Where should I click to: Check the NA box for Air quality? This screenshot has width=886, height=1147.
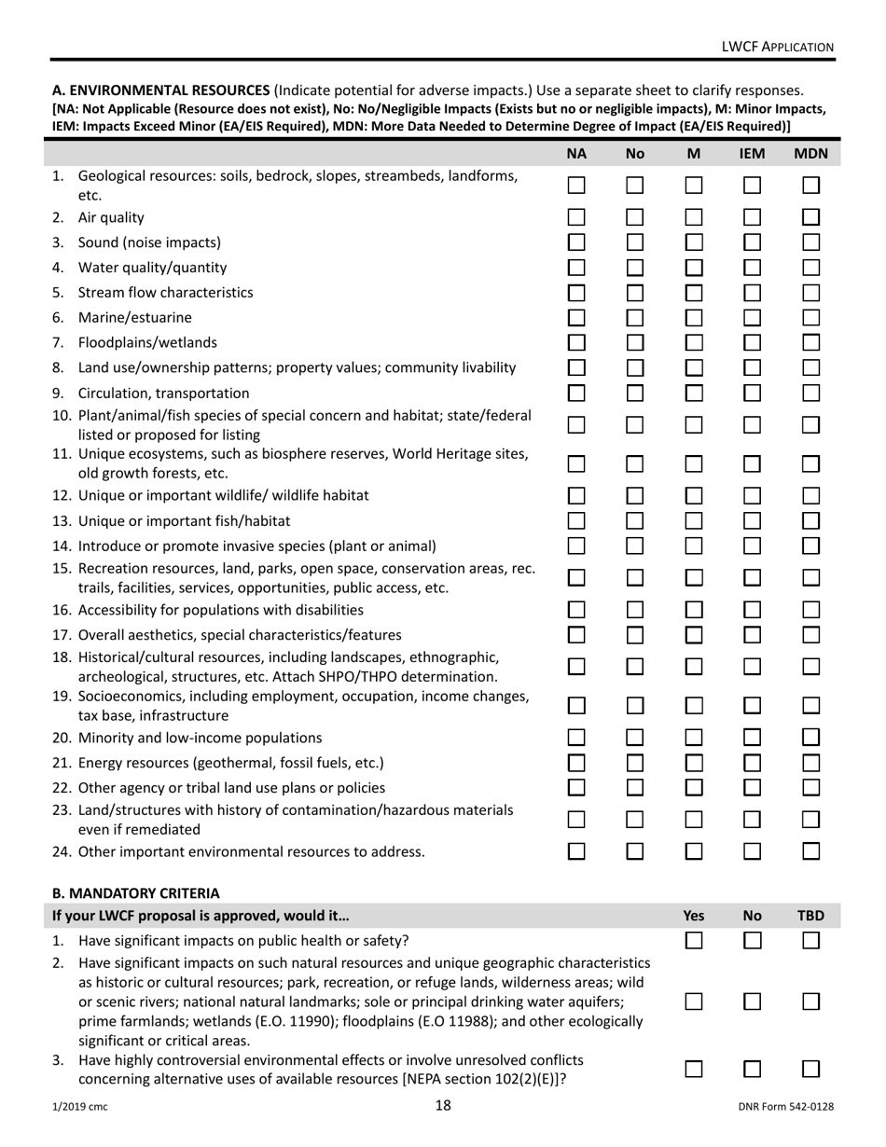coord(576,218)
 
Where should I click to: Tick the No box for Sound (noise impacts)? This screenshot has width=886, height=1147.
coord(635,242)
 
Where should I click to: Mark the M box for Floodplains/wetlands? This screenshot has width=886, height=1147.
coord(693,342)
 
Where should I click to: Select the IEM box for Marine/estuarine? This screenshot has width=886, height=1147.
coord(752,317)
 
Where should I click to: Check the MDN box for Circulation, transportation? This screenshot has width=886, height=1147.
coord(810,393)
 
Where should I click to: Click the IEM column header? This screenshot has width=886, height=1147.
coord(752,154)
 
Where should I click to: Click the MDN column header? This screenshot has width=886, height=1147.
coord(810,154)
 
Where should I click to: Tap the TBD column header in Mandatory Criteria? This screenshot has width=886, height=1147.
coord(810,916)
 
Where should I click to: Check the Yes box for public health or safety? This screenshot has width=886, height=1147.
coord(693,940)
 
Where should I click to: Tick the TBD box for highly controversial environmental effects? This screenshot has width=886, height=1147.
coord(810,1069)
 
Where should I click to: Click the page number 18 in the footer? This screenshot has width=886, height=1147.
coord(443,1106)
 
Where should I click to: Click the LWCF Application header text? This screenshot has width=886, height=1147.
coord(778,47)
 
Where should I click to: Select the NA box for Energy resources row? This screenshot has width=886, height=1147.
coord(576,762)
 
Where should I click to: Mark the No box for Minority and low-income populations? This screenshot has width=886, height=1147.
coord(635,738)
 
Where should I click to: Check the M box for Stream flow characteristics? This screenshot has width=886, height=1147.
coord(693,292)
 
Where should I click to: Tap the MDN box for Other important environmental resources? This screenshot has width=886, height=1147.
coord(810,850)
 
